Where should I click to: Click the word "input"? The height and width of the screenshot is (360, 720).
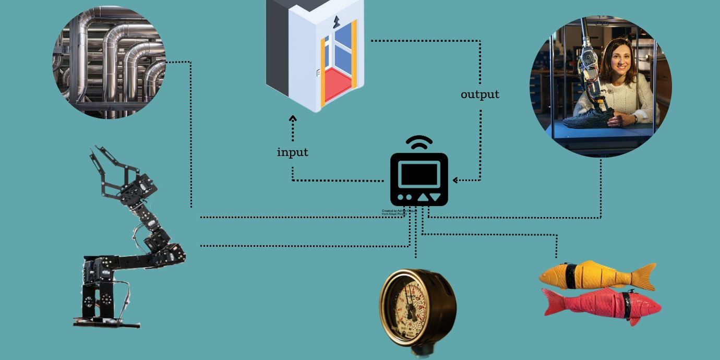point(292,152)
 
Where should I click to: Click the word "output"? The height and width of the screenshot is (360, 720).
point(479,94)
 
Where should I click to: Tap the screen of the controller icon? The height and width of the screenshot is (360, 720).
point(419,174)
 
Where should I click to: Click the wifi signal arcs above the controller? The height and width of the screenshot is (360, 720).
point(419,142)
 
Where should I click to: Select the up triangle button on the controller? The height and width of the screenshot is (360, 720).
point(423,197)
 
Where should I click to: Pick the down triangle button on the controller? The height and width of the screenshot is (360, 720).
point(436,197)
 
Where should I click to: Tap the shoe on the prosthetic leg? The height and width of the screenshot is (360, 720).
point(584,120)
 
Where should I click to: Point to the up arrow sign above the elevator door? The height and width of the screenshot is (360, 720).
point(336,21)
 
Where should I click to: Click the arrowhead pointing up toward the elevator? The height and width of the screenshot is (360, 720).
point(293,118)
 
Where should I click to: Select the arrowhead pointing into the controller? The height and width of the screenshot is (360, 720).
point(455,180)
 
